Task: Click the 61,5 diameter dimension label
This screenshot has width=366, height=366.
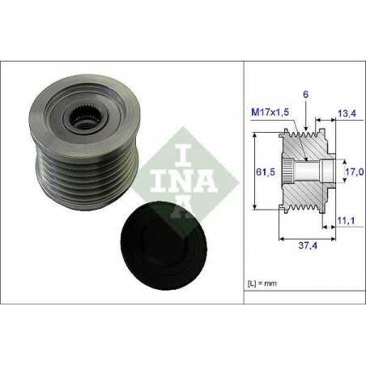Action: coord(266,172)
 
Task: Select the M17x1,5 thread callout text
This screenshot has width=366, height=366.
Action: coord(270,112)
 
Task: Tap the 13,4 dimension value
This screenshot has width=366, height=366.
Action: coord(347,113)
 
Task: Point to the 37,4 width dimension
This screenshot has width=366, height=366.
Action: coord(308,245)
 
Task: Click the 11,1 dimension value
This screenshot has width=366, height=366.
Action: coord(346,220)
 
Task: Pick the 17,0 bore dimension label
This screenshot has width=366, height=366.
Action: coord(355,172)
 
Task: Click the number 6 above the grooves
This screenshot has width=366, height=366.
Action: coord(305,94)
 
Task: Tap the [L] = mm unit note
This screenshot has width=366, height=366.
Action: coord(262,283)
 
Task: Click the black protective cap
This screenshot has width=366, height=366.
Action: coord(164,245)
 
